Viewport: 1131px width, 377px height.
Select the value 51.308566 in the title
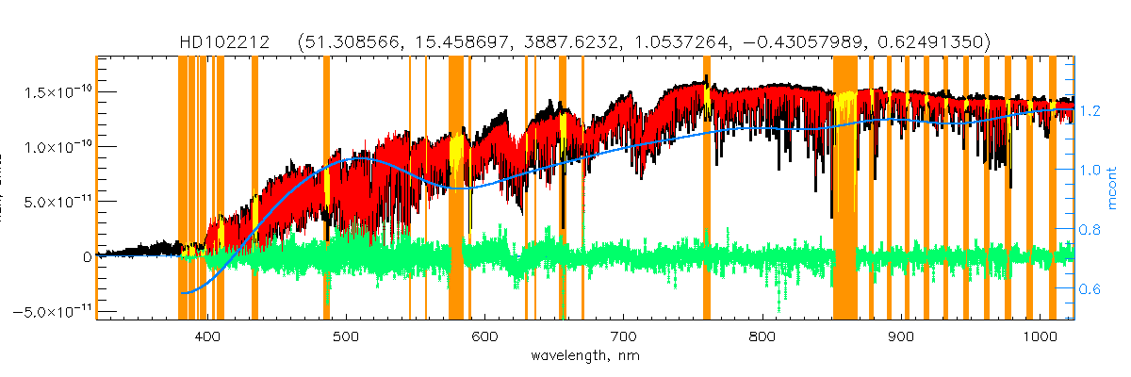[x=350, y=43]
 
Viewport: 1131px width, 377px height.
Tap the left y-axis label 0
[x=87, y=256]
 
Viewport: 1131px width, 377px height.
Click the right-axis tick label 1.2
[x=1090, y=110]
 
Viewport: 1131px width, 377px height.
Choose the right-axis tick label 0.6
[x=1090, y=289]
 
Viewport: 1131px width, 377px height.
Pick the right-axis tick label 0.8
[x=1090, y=230]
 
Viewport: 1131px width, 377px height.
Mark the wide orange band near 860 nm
[x=844, y=188]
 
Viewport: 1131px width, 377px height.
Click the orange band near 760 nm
[x=707, y=188]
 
